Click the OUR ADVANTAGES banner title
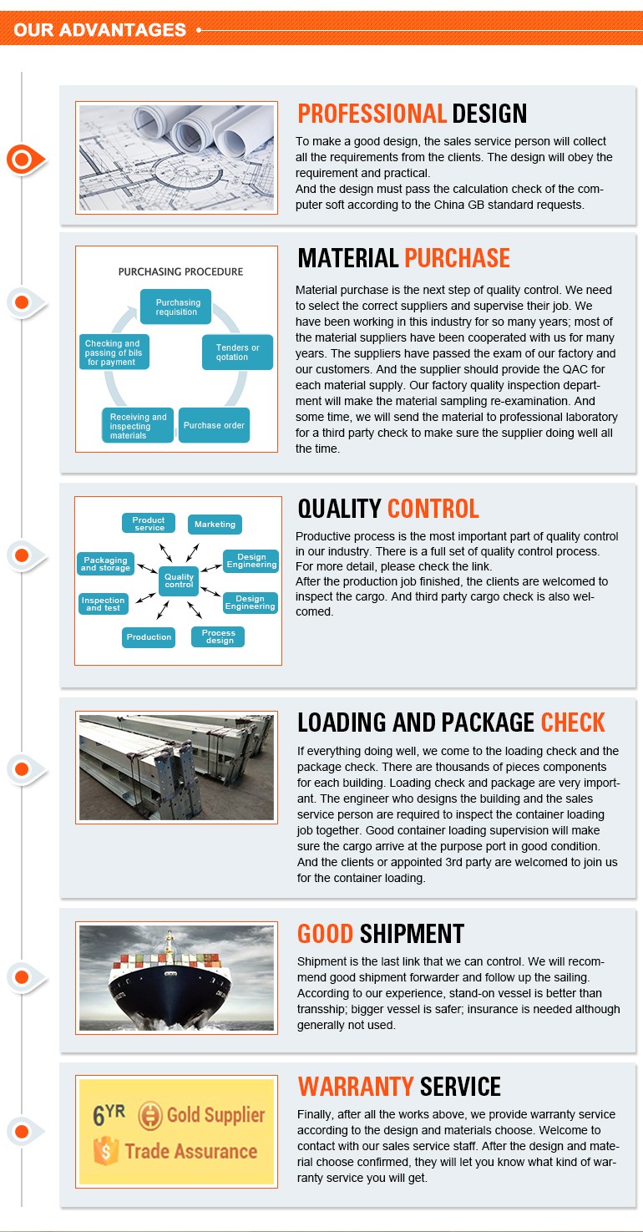[99, 30]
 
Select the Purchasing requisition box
[176, 307]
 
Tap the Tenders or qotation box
[238, 352]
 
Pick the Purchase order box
[214, 425]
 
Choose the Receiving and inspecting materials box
[138, 425]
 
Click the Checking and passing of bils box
[114, 352]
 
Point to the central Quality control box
[179, 581]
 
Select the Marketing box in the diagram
[215, 525]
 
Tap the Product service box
[149, 524]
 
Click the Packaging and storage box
[105, 564]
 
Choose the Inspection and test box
[104, 604]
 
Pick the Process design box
[218, 637]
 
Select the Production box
[149, 637]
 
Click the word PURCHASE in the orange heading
[457, 258]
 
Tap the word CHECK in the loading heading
[573, 722]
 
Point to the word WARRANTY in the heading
[356, 1087]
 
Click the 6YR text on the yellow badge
[109, 1114]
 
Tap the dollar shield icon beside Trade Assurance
[105, 1151]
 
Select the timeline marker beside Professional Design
[25, 160]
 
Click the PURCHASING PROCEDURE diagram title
[180, 271]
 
